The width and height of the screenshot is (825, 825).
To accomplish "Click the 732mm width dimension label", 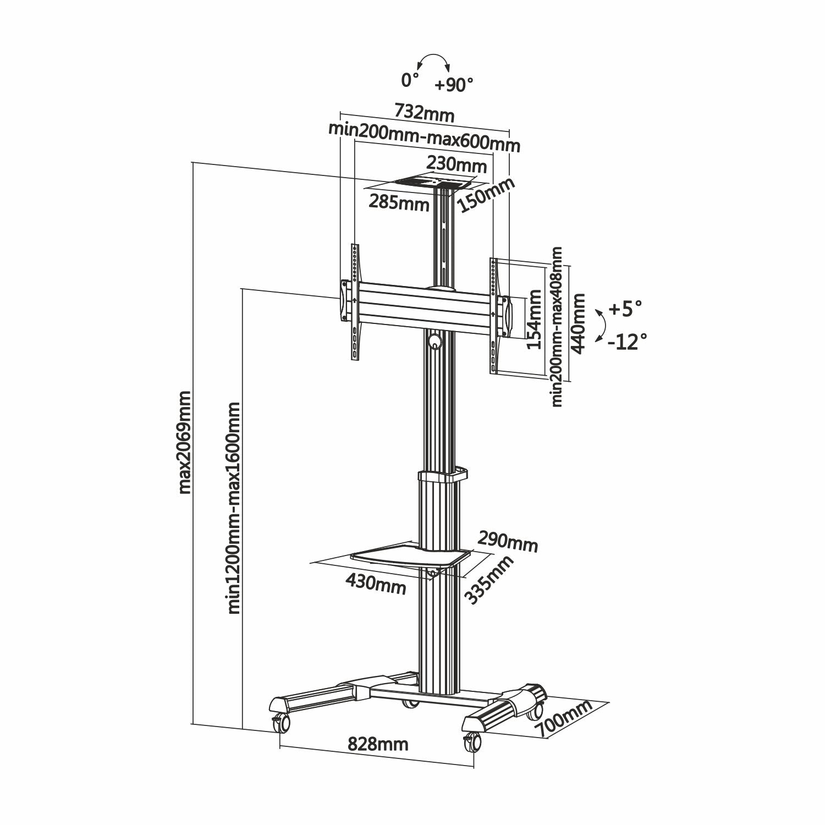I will click(x=424, y=114).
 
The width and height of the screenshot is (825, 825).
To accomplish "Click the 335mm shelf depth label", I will click(x=490, y=580).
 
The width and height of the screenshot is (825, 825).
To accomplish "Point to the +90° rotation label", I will click(x=454, y=85).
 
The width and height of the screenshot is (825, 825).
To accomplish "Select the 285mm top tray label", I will click(x=399, y=203).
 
